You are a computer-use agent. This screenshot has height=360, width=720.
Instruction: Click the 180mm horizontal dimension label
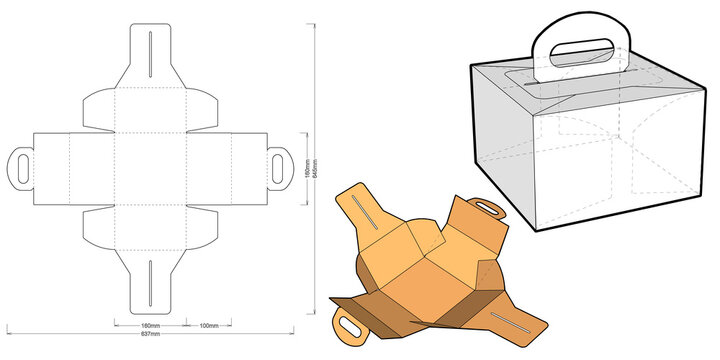tap(150, 326)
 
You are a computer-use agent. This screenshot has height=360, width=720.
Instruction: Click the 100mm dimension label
tap(208, 326)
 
